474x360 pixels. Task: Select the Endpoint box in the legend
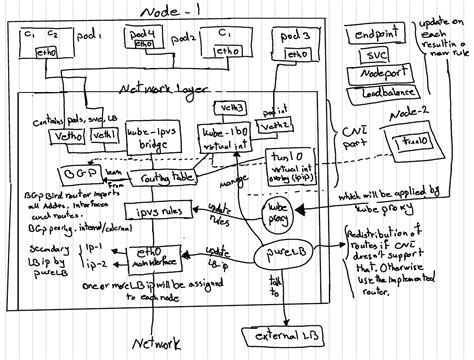point(384,37)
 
